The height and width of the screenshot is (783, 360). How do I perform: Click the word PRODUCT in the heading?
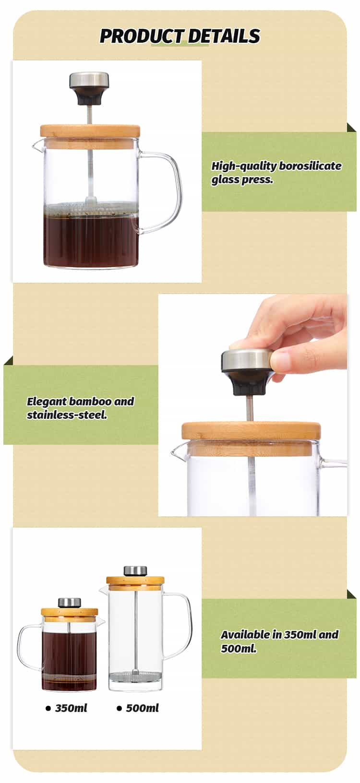click(x=141, y=36)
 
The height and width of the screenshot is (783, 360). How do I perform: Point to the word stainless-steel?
click(x=67, y=415)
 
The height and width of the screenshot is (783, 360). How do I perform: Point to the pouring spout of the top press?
click(x=37, y=144)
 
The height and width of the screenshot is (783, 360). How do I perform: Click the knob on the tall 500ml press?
click(x=135, y=571)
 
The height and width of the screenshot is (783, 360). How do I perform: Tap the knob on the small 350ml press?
click(x=70, y=602)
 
